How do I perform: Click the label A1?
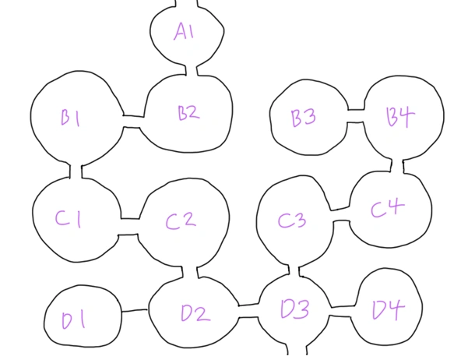[x=185, y=32]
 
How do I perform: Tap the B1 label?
[x=72, y=118]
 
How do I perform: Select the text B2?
[x=188, y=113]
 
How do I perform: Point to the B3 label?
[x=303, y=118]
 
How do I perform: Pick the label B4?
[x=400, y=117]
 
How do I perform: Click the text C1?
[x=69, y=221]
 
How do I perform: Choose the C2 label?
[x=180, y=221]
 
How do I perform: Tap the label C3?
[x=292, y=221]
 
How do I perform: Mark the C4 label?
[x=387, y=209]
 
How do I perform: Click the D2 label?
[x=195, y=314]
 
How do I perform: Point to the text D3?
[x=294, y=310]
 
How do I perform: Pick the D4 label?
[x=388, y=311]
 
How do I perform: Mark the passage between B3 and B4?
[x=355, y=116]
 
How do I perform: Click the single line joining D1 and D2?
[x=135, y=312]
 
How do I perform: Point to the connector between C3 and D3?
[x=294, y=270]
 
